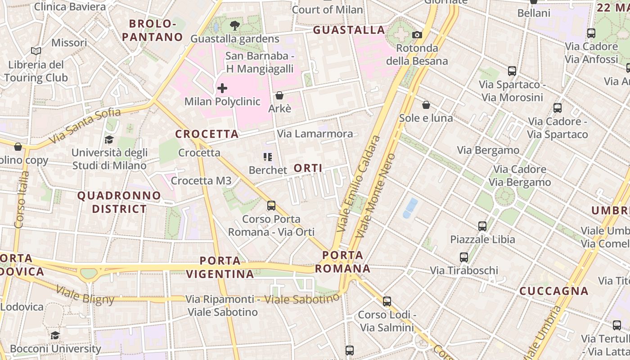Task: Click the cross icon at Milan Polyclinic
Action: (222, 88)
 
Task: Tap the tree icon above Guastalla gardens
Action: (234, 26)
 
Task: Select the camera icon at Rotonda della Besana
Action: (417, 35)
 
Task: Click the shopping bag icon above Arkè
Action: (279, 95)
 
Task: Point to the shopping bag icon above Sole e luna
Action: (426, 105)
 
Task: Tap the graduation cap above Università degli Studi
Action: (109, 139)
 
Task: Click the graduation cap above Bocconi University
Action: (55, 335)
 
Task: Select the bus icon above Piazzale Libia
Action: (482, 226)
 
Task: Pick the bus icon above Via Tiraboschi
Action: (464, 257)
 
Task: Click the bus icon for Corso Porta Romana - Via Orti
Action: (271, 206)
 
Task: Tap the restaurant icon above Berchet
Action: (268, 157)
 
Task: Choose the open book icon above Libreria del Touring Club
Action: (36, 51)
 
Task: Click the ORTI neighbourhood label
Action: (308, 168)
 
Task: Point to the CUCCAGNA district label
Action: (554, 291)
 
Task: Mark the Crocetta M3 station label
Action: (201, 181)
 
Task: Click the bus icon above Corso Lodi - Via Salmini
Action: (387, 301)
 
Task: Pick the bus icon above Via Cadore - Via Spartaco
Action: (558, 108)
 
